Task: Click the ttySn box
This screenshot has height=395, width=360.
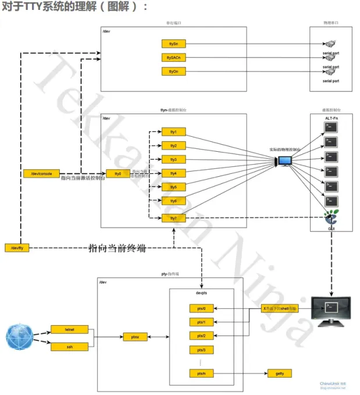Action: tap(173, 44)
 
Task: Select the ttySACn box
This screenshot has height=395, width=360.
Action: tap(173, 58)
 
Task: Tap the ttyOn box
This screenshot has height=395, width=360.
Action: tap(173, 72)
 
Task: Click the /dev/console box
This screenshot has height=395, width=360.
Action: tap(41, 173)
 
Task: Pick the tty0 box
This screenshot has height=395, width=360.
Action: tap(117, 173)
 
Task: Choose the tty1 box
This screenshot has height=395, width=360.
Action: tap(173, 131)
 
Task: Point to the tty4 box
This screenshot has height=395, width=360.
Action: tap(173, 173)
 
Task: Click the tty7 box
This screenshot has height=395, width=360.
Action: tap(173, 218)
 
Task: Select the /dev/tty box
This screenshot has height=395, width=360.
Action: tap(17, 248)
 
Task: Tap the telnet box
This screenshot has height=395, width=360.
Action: tap(62, 329)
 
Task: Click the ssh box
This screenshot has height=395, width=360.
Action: tap(62, 347)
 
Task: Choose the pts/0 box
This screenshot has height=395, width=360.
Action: tap(201, 308)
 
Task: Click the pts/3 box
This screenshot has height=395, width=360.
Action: tap(201, 350)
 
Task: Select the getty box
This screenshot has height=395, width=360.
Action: tap(280, 373)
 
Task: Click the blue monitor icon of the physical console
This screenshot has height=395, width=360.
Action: tap(286, 161)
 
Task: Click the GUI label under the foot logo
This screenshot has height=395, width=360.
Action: tap(332, 229)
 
